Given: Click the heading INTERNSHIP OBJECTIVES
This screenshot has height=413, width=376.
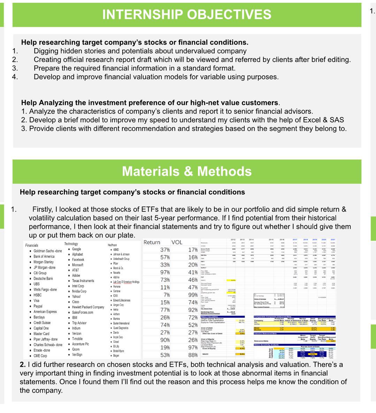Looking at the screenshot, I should pos(187,15).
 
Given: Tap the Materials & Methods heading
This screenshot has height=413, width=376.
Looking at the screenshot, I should pos(187,171).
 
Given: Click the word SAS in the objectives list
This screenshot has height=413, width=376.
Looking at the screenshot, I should pos(336,120).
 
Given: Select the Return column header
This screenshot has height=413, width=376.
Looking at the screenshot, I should pos(152,242).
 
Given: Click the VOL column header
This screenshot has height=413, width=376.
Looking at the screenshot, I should pos(177,242).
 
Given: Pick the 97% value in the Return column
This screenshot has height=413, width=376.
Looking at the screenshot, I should pos(165,272).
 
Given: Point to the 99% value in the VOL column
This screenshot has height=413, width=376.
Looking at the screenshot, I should pos(193,295).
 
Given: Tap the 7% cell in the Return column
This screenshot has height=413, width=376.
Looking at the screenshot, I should pos(167,295).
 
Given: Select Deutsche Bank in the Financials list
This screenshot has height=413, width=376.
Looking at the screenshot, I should pos(43,279).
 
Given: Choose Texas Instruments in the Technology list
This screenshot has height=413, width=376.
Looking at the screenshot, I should pos(83,281).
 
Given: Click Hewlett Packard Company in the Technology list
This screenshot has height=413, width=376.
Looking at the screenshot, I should pos(88,307).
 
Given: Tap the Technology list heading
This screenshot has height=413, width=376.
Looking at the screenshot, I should pos(71,244).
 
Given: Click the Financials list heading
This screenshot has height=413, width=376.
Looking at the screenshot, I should pos(32,245).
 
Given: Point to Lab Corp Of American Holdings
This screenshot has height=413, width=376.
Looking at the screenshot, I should pos(126,282).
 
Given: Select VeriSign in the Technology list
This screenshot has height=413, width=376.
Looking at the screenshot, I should pos(77,354).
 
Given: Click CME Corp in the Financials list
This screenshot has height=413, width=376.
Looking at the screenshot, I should pos(40,356).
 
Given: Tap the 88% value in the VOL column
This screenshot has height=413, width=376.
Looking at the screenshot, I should pos(193,355).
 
